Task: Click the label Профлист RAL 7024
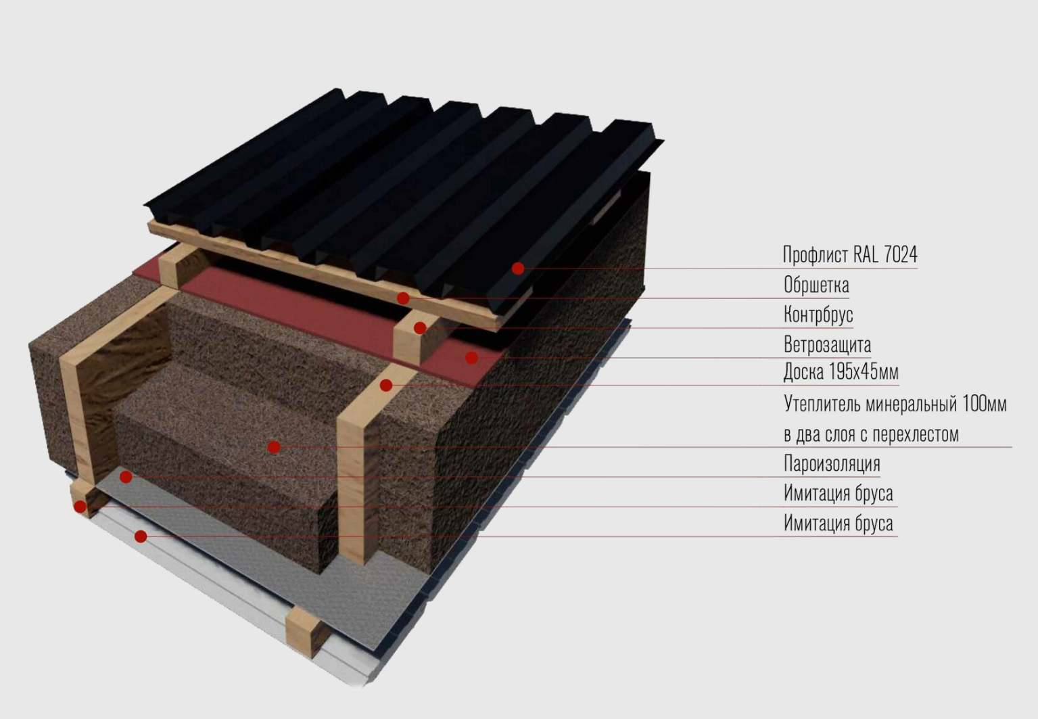coord(849,255)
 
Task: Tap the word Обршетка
coord(816,285)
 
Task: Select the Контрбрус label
coord(818,315)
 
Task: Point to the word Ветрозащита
coord(826,344)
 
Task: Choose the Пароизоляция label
coord(831,463)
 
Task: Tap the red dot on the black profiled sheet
coord(517,269)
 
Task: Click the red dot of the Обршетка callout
coord(403,298)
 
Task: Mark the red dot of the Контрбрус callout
coord(420,328)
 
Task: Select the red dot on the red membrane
coord(472,357)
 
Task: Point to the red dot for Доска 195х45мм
coord(386,386)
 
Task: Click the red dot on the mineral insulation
coord(274,447)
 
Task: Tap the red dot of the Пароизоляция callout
coord(126,478)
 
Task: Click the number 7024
coord(900,255)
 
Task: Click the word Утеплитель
coord(818,404)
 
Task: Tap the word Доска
coord(803,371)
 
